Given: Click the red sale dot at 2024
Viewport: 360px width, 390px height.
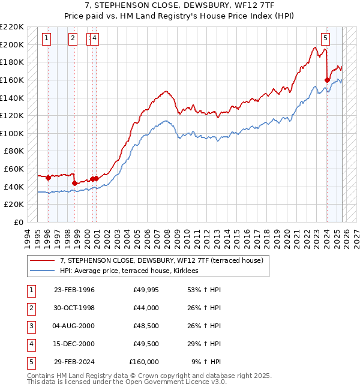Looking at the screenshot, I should [327, 80].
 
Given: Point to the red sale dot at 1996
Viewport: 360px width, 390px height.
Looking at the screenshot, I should [48, 178].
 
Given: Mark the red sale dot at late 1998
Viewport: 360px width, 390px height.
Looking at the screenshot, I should [75, 183].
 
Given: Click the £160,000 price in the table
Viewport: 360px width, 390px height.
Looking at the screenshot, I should [144, 362].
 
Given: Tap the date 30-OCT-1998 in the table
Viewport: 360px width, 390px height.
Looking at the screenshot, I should [74, 308].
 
